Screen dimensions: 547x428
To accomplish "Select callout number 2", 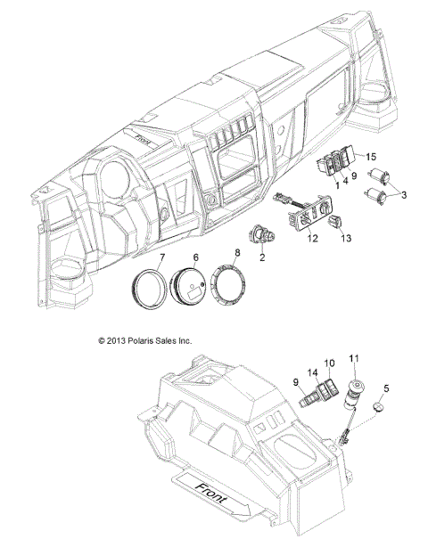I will (262, 257).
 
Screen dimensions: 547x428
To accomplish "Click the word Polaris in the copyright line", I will (150, 340).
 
